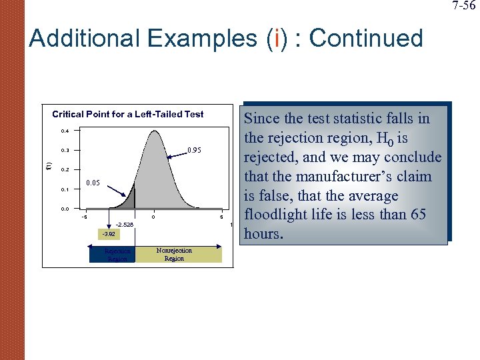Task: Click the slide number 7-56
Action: (x=464, y=6)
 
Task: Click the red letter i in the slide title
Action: (x=269, y=39)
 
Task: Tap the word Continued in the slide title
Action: (x=366, y=39)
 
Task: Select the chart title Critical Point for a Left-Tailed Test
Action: (x=128, y=114)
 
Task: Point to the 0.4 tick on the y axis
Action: (x=65, y=131)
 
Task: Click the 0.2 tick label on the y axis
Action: (x=65, y=170)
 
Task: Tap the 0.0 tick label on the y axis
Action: (x=65, y=209)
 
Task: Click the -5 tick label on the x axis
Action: (x=83, y=217)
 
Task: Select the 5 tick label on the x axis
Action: (x=221, y=217)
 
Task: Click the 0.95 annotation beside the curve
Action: (x=195, y=151)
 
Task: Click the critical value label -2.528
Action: (x=125, y=225)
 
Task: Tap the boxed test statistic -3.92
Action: (x=108, y=234)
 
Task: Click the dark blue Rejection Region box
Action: (x=112, y=254)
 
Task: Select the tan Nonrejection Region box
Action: (x=177, y=254)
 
